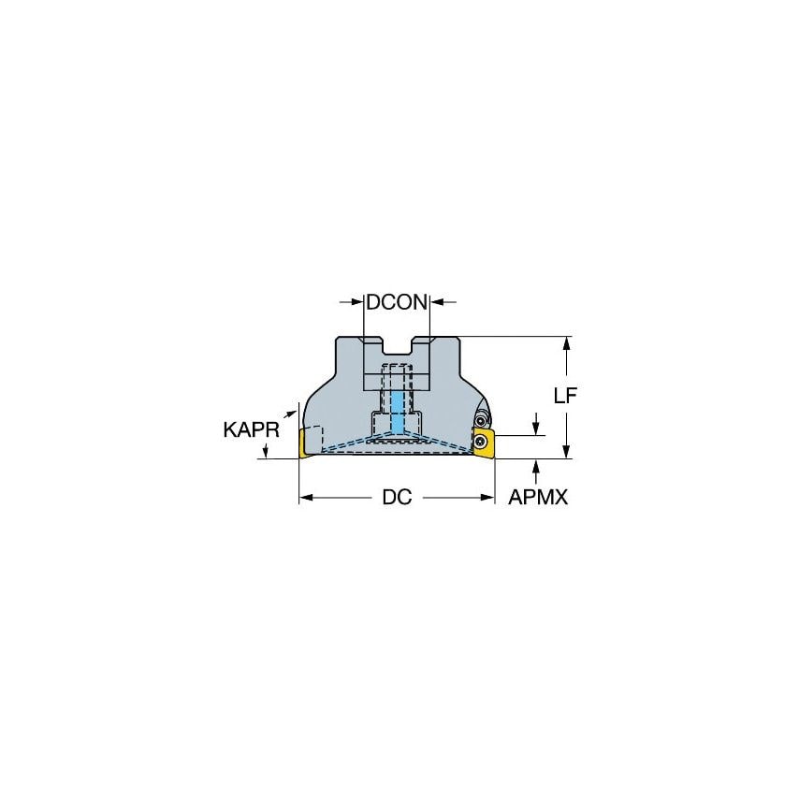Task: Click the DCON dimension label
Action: [397, 302]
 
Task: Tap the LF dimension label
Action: [564, 395]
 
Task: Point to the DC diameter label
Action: [397, 498]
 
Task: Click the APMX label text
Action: [538, 498]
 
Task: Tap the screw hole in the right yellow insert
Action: [482, 440]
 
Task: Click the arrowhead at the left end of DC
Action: [304, 498]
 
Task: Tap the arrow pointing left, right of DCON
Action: [437, 302]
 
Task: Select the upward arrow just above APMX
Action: [537, 465]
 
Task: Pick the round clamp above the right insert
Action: [483, 418]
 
